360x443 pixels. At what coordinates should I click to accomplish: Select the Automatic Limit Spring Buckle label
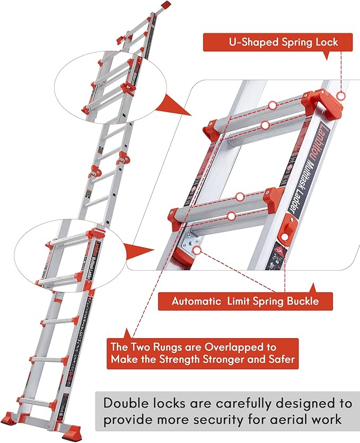(x=244, y=302)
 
